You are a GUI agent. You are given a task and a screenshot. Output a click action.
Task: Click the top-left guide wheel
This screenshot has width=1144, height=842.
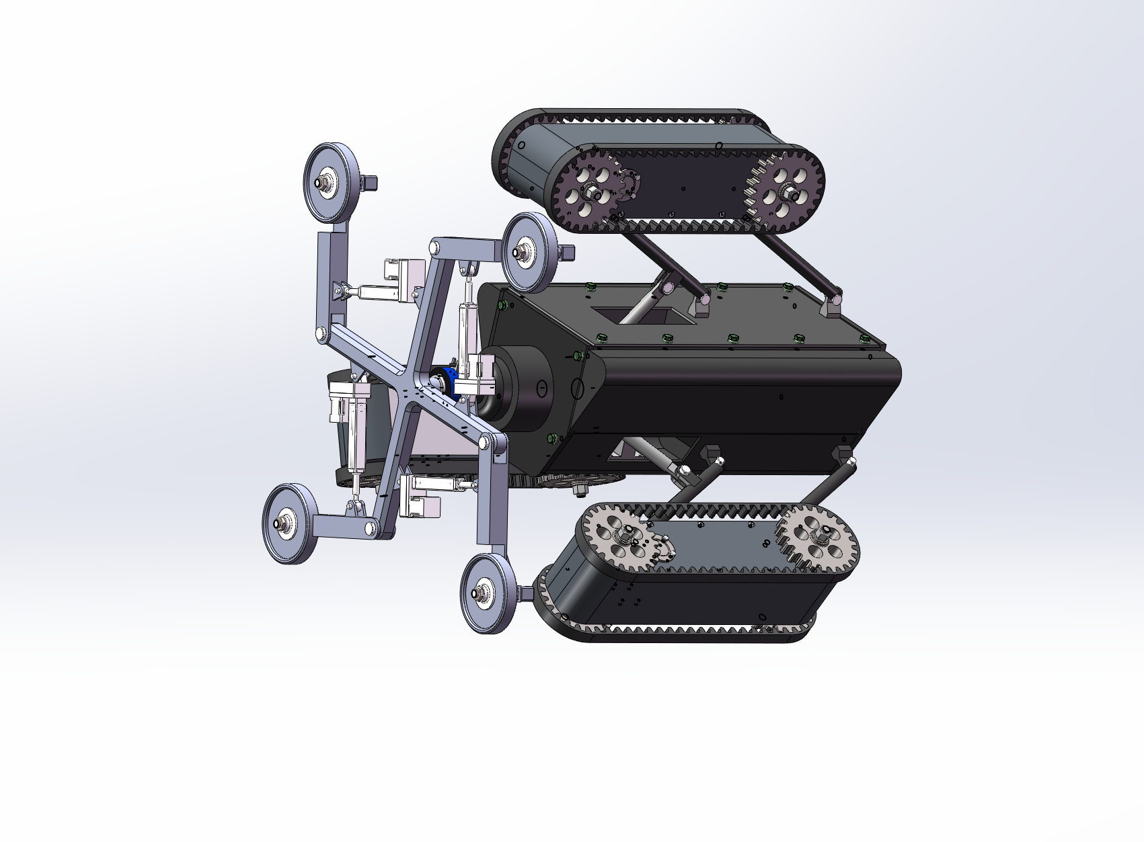[x=331, y=181]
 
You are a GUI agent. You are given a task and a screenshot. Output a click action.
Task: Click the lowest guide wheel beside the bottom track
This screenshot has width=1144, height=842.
[x=489, y=593]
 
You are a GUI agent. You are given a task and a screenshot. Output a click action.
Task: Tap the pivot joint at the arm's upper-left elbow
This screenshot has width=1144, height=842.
[x=321, y=332]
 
